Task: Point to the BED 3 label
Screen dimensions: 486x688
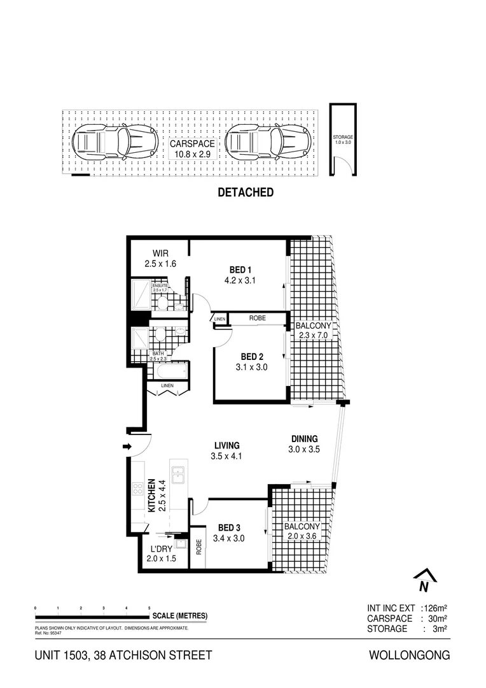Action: point(228,527)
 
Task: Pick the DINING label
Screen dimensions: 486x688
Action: point(304,438)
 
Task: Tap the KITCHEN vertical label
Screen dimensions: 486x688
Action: point(151,496)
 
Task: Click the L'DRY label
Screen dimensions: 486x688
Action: point(160,548)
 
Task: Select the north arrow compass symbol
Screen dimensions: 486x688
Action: point(423,580)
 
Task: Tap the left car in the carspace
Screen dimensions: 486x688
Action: point(115,142)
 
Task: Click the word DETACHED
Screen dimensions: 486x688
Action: point(246,192)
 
